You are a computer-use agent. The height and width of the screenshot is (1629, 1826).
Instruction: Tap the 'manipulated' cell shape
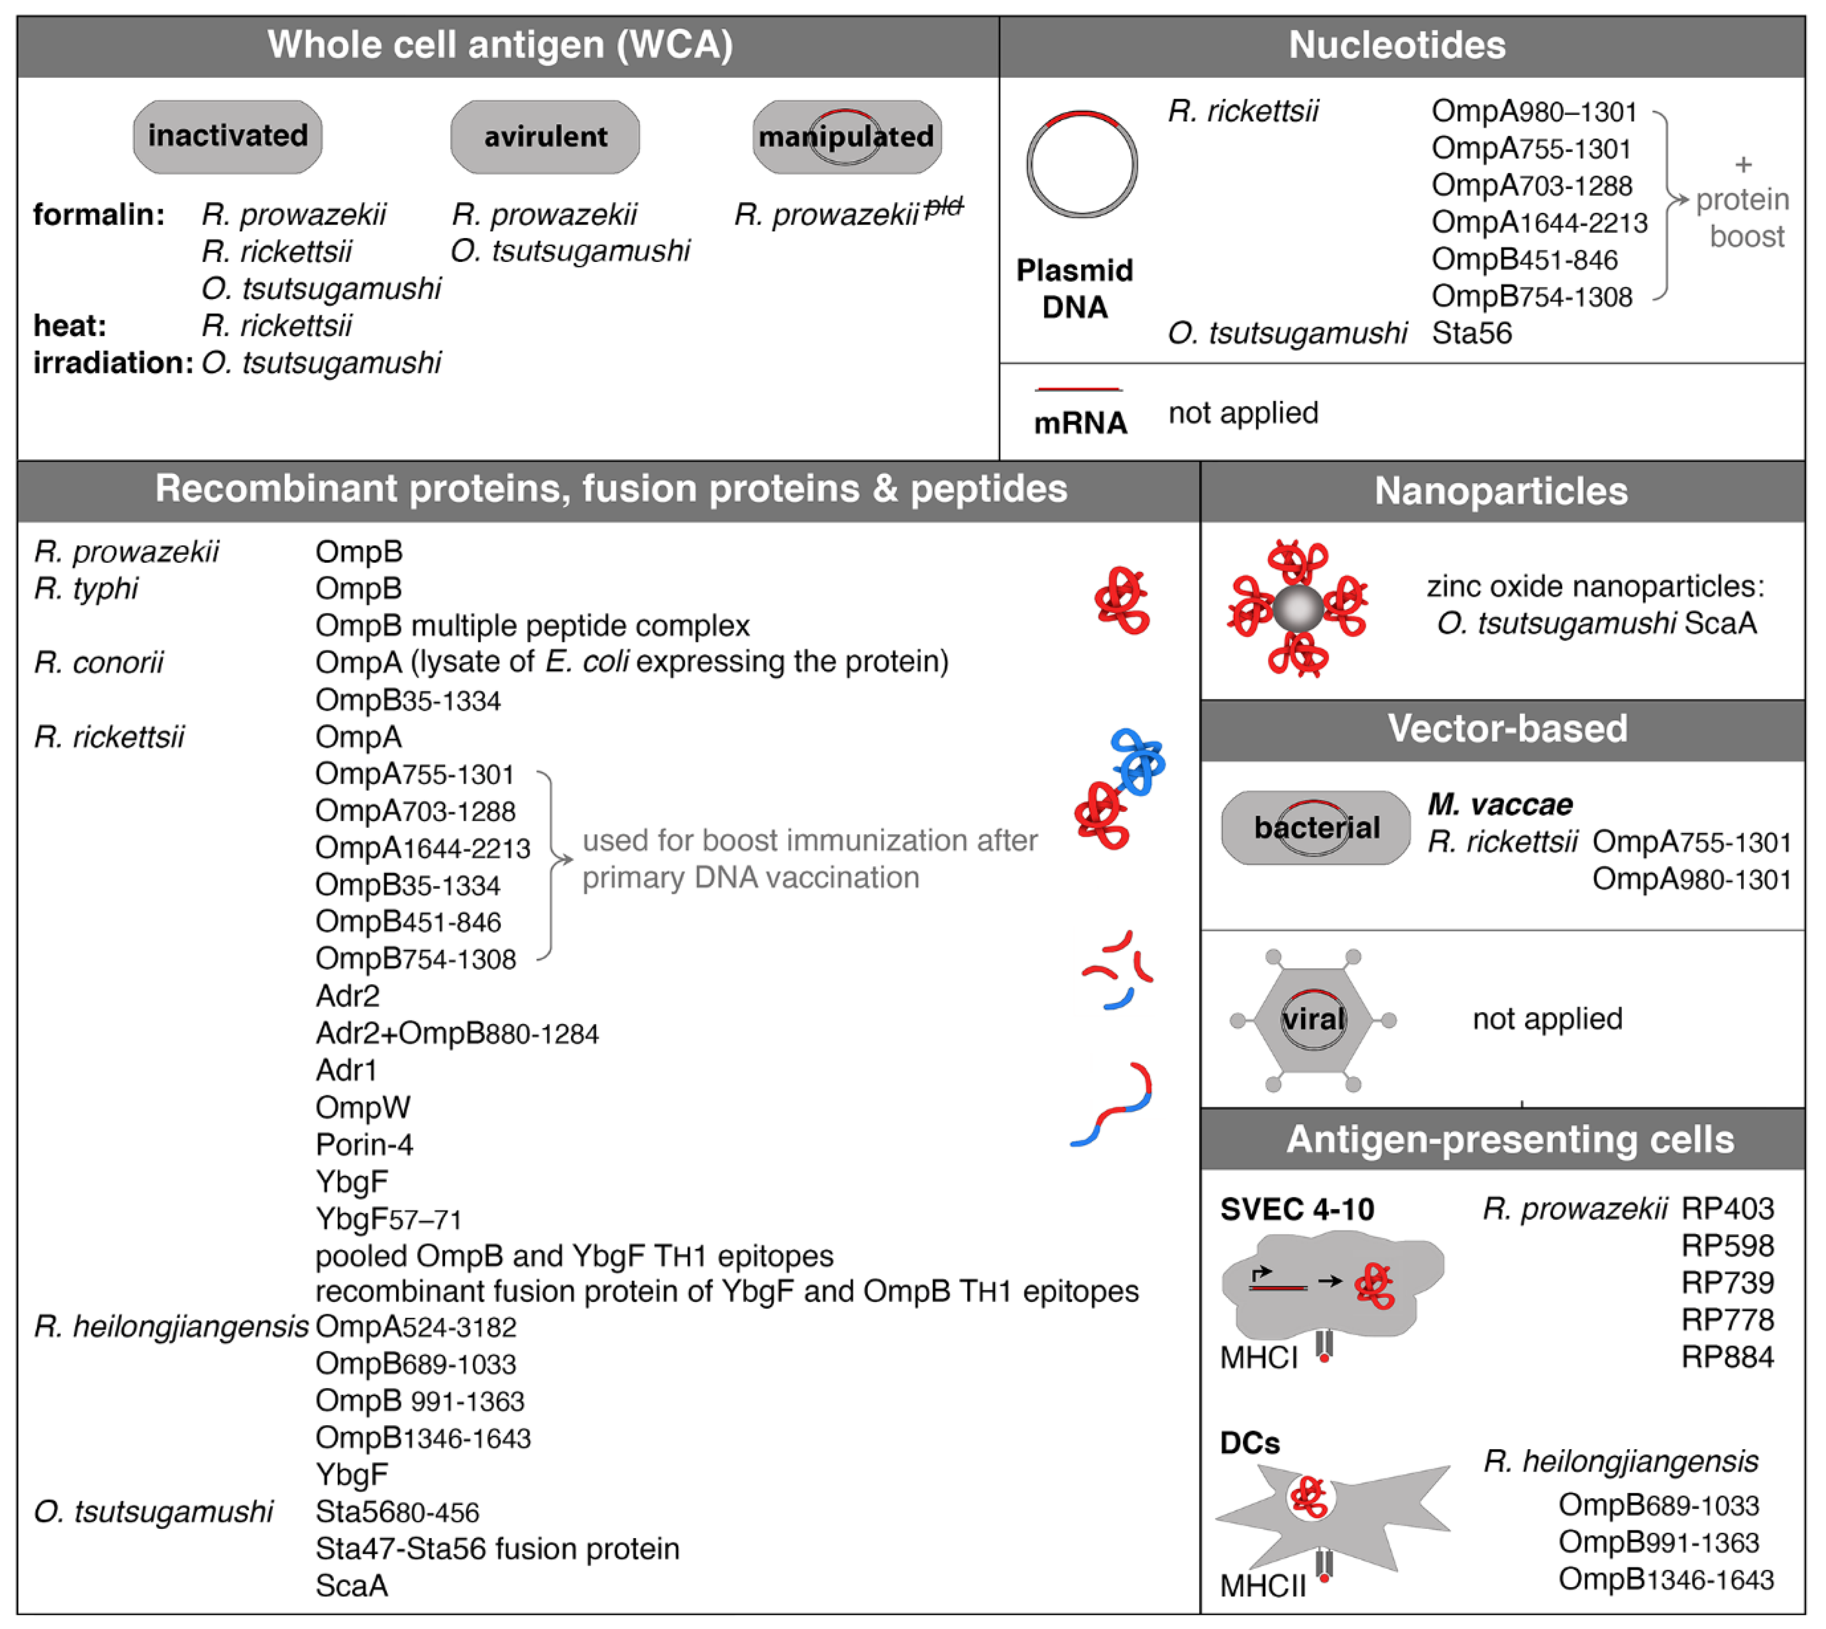846,137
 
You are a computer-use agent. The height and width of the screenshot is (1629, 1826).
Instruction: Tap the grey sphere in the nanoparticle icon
1297,609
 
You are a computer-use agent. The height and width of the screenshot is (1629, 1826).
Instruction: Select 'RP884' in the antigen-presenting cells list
1727,1357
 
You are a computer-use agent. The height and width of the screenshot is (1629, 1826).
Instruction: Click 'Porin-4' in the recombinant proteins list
364,1144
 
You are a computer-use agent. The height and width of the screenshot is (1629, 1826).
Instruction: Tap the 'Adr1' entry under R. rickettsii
346,1069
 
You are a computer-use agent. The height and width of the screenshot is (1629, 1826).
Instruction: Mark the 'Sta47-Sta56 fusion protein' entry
498,1548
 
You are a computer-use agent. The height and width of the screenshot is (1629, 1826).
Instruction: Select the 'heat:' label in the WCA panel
70,326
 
